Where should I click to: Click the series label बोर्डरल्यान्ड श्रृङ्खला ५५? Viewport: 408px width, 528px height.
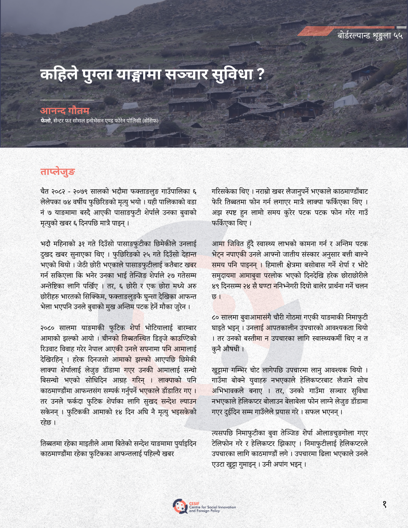tap(370, 35)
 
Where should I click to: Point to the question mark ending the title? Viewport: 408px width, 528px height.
tap(260, 74)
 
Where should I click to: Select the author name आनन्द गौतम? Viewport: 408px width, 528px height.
tap(65, 111)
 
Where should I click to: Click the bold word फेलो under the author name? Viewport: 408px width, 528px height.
tap(45, 120)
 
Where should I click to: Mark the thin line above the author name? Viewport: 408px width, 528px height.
tap(67, 100)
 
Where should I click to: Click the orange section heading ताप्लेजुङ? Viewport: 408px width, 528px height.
tap(57, 172)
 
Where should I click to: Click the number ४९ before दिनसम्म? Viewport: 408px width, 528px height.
tap(216, 286)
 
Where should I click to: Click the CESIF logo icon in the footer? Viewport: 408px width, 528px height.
tap(180, 506)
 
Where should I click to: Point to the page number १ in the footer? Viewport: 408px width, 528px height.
tap(384, 504)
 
